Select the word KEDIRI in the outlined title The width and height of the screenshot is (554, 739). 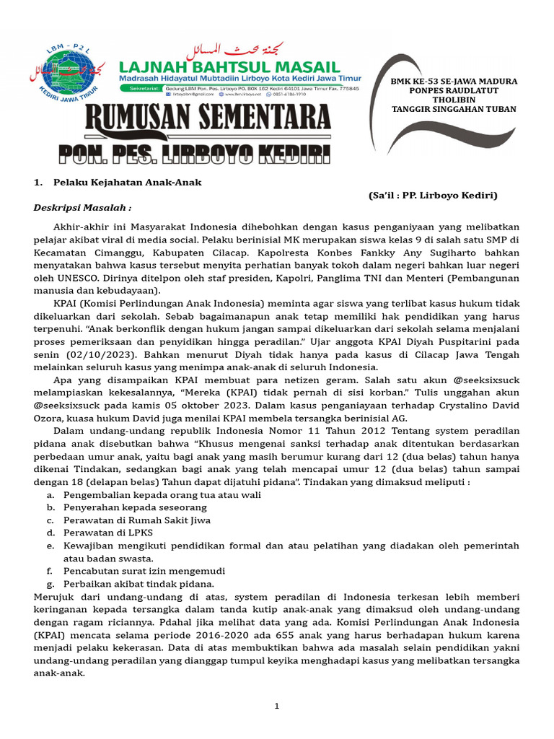click(288, 154)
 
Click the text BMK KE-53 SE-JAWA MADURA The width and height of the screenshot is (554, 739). click(454, 82)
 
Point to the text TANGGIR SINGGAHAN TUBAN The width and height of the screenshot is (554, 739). click(454, 110)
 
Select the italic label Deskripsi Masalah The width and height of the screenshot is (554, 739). click(83, 208)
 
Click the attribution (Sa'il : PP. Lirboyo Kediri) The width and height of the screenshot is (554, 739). click(432, 196)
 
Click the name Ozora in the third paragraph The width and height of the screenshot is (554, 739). click(49, 418)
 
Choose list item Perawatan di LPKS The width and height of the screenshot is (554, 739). click(112, 533)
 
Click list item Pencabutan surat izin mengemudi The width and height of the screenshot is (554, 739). click(144, 570)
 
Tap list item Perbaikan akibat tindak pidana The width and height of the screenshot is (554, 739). click(138, 583)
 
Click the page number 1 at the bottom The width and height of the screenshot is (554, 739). click(276, 706)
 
